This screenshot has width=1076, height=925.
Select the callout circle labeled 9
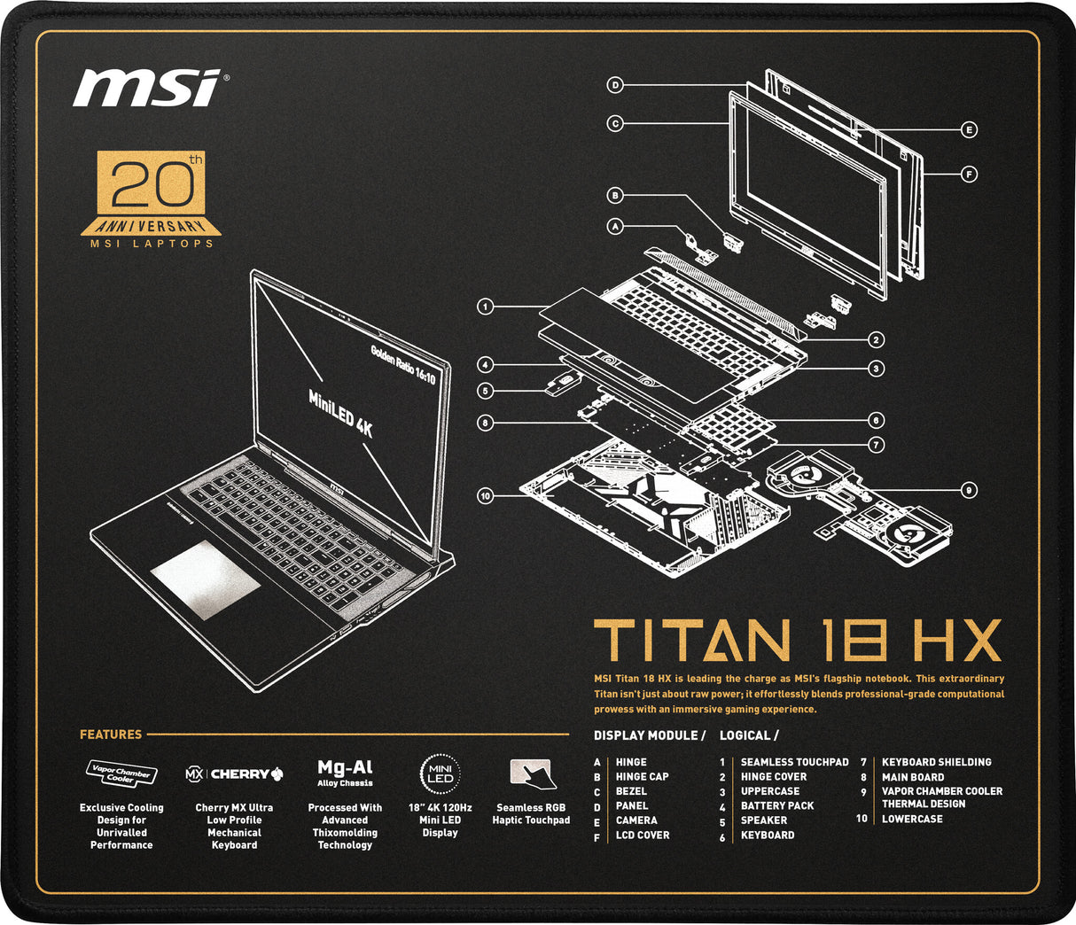(970, 489)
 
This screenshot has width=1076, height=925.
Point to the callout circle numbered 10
(485, 495)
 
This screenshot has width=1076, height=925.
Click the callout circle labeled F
(970, 175)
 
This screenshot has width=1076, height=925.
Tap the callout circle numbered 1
(485, 307)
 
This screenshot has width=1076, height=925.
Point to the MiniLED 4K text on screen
(340, 413)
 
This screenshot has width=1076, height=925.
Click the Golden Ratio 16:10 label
(404, 363)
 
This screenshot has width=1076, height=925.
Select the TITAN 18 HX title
(797, 641)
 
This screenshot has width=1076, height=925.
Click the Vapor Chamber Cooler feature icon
(121, 773)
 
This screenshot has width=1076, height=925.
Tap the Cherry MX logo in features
(234, 773)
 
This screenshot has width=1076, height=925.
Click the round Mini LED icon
(441, 773)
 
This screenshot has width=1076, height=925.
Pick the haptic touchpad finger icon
(531, 773)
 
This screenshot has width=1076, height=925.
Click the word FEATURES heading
(111, 735)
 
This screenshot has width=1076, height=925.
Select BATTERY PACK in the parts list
(776, 805)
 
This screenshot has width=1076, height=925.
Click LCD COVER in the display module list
(643, 835)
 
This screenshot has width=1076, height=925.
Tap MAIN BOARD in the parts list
(913, 777)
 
